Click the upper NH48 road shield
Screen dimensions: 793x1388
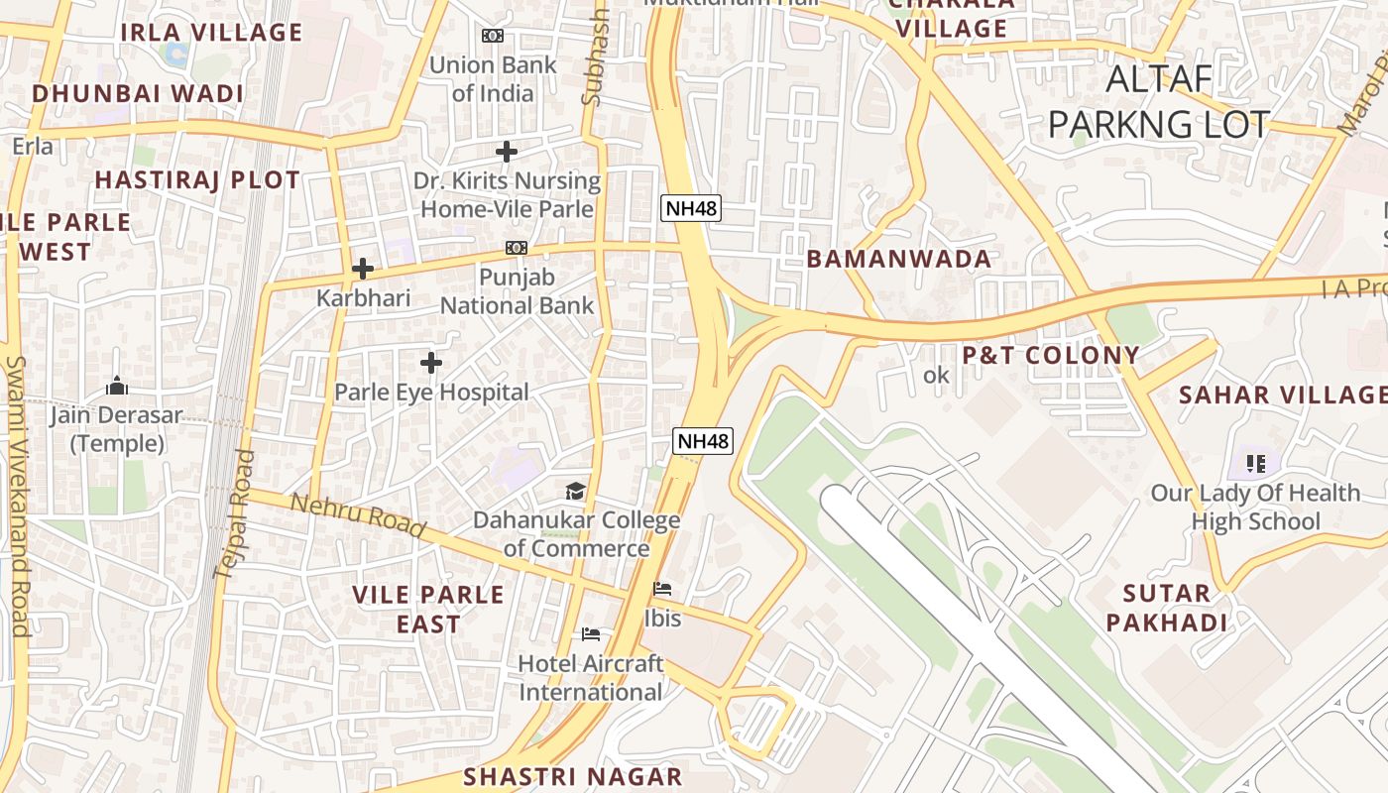coord(690,209)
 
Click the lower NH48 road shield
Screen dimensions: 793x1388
coord(703,441)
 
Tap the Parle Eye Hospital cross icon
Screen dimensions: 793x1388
coord(430,363)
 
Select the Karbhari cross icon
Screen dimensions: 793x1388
coord(363,269)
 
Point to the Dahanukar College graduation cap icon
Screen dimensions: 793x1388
coord(575,491)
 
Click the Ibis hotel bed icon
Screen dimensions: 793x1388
coord(662,589)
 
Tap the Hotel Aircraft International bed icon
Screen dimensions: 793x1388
coord(591,634)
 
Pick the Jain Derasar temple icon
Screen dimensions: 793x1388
coord(117,386)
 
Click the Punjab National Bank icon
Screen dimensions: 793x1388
coord(516,248)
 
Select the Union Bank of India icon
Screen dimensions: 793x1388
coord(492,36)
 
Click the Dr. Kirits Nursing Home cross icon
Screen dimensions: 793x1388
coord(507,152)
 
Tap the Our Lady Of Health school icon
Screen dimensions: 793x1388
coord(1256,463)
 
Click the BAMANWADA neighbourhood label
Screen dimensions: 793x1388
coord(898,260)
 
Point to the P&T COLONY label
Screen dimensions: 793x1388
coord(1051,355)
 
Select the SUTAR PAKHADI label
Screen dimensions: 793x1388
coord(1167,609)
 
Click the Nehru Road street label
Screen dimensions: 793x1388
coord(357,516)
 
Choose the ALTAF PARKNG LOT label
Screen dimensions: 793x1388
coord(1158,102)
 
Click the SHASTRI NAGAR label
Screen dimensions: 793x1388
coord(573,776)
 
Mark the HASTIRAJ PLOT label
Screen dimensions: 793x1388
coord(196,180)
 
